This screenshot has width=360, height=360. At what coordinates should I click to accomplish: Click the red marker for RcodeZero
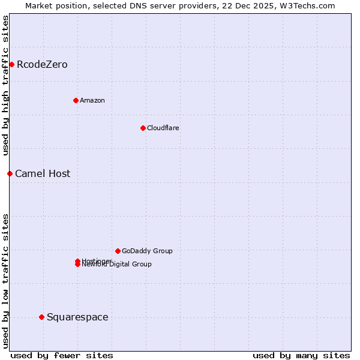click(x=11, y=64)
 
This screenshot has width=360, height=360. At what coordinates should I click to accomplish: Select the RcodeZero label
click(x=42, y=64)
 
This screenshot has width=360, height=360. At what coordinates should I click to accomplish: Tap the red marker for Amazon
click(x=76, y=100)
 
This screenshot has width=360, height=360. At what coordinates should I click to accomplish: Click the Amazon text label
click(x=92, y=100)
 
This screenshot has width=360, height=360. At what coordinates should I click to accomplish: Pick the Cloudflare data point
click(x=143, y=128)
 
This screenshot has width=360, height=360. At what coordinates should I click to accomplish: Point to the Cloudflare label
click(x=163, y=128)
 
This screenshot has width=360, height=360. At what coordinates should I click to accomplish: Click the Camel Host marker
click(x=10, y=173)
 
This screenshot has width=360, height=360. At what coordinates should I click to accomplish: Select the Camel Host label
click(x=43, y=173)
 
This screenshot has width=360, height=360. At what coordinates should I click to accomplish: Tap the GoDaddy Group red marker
click(x=118, y=251)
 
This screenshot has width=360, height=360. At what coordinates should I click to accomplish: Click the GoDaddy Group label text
click(x=147, y=251)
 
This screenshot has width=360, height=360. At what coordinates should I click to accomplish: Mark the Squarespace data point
click(x=41, y=317)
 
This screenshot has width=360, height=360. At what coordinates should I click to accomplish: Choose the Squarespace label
click(x=77, y=317)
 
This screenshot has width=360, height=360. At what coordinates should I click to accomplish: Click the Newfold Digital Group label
click(x=117, y=265)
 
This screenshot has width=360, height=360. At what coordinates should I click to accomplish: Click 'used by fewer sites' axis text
click(x=62, y=355)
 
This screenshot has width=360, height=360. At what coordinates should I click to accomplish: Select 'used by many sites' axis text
click(x=301, y=355)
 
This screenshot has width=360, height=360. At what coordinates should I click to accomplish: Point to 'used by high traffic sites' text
click(x=6, y=85)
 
